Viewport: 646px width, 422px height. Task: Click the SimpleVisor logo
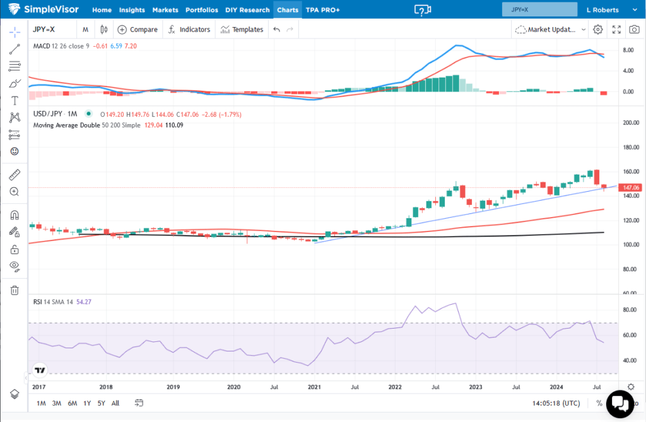click(x=45, y=9)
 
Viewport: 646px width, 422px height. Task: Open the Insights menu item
click(x=132, y=10)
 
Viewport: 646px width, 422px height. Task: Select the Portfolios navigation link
click(x=202, y=10)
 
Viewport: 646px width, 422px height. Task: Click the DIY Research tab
click(x=247, y=10)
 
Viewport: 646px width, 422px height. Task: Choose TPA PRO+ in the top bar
click(x=322, y=10)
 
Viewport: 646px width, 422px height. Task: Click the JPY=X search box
click(x=539, y=9)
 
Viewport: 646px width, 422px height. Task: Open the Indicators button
click(x=189, y=30)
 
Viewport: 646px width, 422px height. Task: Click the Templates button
click(x=242, y=30)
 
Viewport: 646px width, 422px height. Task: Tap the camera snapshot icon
click(x=634, y=30)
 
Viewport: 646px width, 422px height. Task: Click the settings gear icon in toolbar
click(x=598, y=30)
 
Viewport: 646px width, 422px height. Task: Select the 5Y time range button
click(x=101, y=403)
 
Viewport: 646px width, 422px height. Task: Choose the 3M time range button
click(x=57, y=403)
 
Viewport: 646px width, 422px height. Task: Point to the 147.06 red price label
click(x=632, y=187)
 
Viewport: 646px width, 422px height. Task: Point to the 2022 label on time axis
click(x=396, y=386)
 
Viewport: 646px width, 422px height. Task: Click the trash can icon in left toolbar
click(x=14, y=290)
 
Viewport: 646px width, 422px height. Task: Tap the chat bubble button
click(x=618, y=402)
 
